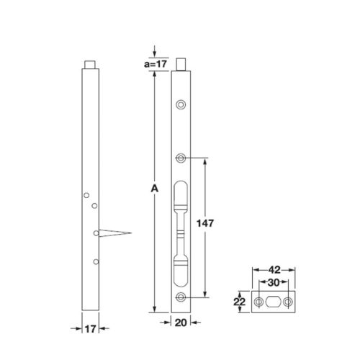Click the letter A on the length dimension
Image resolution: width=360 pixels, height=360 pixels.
click(x=153, y=189)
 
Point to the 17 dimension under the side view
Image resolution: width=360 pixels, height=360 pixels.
click(x=89, y=328)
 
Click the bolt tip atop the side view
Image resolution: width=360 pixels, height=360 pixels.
click(x=90, y=63)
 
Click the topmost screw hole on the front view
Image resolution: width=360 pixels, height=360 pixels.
click(x=180, y=104)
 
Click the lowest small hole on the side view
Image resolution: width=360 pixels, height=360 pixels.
click(x=95, y=261)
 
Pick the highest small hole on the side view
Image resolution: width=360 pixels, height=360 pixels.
click(x=86, y=195)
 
